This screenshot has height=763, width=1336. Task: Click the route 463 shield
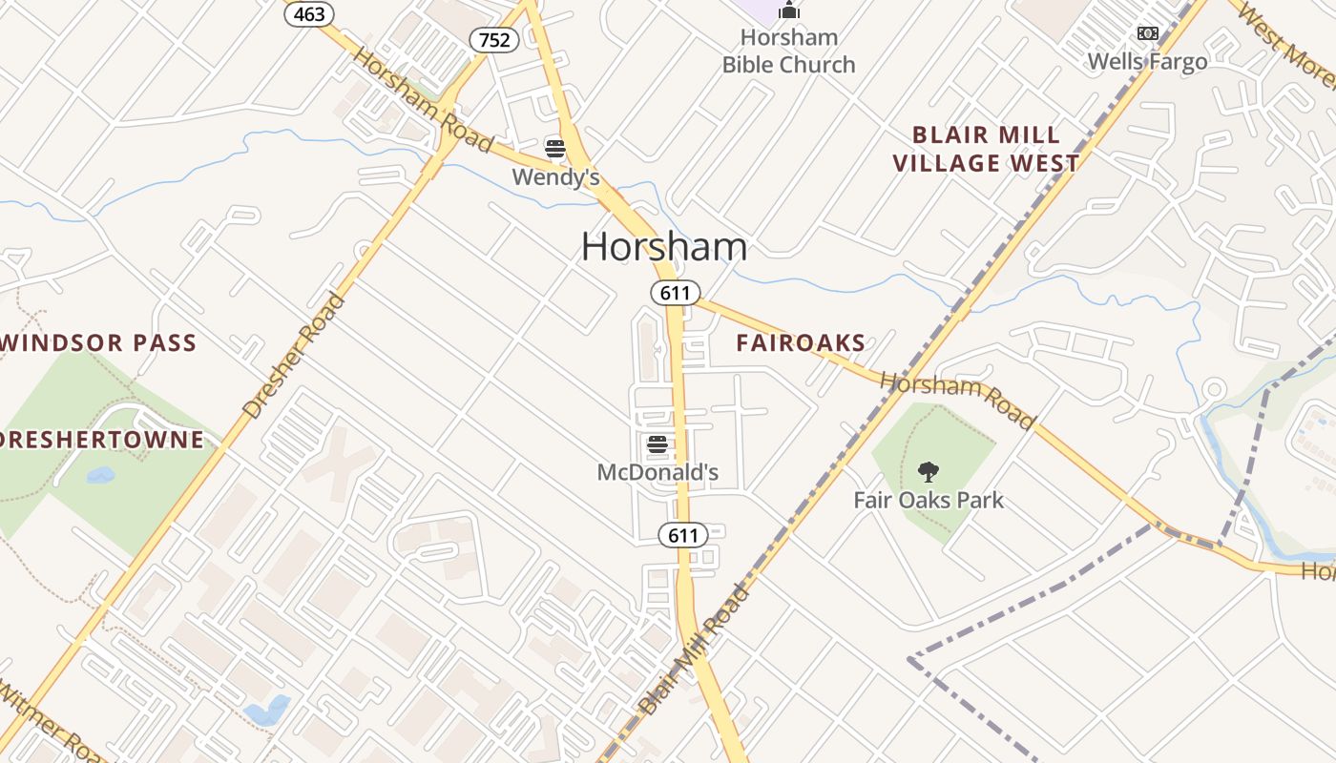click(309, 13)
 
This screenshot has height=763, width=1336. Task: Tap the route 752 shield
click(494, 39)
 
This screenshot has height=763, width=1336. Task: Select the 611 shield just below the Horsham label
click(676, 293)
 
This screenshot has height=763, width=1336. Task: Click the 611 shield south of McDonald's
click(683, 535)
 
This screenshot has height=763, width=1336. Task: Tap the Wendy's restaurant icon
click(555, 148)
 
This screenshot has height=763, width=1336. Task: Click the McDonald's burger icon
click(657, 443)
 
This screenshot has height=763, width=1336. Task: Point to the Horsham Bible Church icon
click(788, 10)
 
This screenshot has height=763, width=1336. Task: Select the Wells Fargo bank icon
click(1147, 33)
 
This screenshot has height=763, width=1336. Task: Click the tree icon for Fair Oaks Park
click(928, 471)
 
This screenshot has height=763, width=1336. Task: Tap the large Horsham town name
click(664, 247)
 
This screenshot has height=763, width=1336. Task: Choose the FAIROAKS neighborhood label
click(801, 343)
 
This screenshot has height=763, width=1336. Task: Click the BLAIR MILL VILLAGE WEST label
click(986, 150)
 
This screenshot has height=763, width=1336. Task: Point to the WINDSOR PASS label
click(99, 343)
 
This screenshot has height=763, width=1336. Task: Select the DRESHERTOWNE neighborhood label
click(101, 440)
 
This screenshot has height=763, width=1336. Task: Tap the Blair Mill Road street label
click(695, 651)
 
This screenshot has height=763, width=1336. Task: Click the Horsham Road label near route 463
click(422, 99)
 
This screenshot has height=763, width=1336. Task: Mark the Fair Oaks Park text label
click(928, 500)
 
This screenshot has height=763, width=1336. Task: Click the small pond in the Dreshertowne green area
click(100, 474)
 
